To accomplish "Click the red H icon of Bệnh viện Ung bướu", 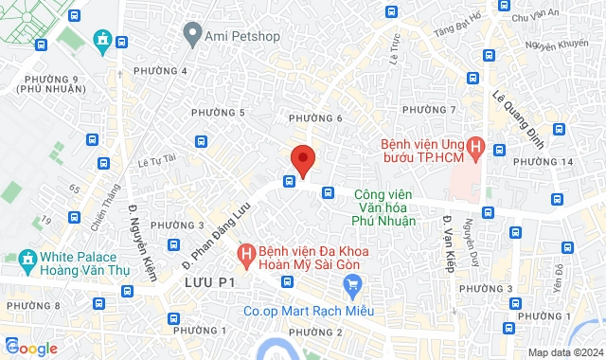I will (476, 148).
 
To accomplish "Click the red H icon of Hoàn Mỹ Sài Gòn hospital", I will (245, 254).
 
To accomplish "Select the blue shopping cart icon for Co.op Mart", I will (354, 285).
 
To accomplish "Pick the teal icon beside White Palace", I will (26, 258).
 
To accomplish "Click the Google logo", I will (30, 348).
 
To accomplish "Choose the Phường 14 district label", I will (555, 161).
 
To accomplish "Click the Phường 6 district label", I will (315, 117).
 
